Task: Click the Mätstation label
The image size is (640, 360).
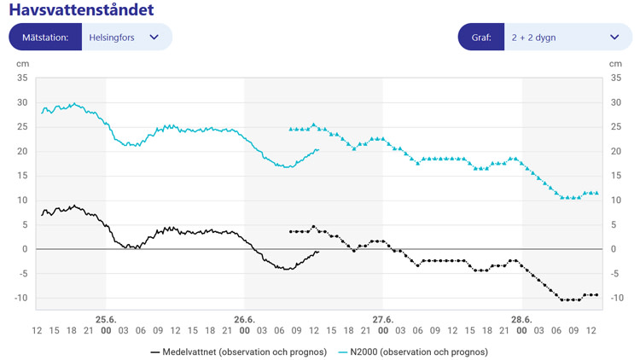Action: [45, 38]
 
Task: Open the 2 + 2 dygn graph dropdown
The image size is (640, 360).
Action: [564, 38]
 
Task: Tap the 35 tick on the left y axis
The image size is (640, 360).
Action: [22, 78]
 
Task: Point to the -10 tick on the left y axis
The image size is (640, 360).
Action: [20, 299]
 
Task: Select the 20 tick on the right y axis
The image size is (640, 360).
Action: [615, 152]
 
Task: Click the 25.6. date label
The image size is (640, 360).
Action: [106, 319]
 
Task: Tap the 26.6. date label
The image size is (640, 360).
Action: [244, 319]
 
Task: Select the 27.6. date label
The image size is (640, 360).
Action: [382, 319]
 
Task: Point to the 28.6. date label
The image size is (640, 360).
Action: [521, 319]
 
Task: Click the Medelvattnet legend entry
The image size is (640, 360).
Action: [238, 351]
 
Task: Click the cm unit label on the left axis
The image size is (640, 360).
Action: [22, 64]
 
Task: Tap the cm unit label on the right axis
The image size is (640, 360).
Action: [615, 64]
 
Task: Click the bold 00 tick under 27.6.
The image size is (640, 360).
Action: [382, 330]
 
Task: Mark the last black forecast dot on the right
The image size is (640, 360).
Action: [596, 294]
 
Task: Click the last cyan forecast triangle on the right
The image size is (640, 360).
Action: [596, 193]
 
